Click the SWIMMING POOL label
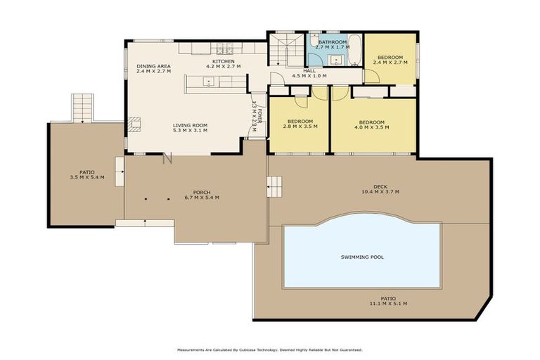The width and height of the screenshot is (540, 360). pyautogui.click(x=362, y=257)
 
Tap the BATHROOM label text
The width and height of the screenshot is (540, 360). pyautogui.click(x=332, y=42)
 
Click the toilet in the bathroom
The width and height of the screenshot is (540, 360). pyautogui.click(x=314, y=41)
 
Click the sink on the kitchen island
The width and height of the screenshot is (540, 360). pyautogui.click(x=209, y=82)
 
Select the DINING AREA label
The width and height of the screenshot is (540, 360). pyautogui.click(x=153, y=66)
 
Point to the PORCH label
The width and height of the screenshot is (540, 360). pyautogui.click(x=202, y=192)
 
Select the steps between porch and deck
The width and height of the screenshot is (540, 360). pyautogui.click(x=274, y=187)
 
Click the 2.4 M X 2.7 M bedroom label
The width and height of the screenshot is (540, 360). pyautogui.click(x=390, y=63)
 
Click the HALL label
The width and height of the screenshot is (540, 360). pyautogui.click(x=309, y=70)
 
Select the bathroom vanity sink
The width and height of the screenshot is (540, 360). pyautogui.click(x=336, y=60)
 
